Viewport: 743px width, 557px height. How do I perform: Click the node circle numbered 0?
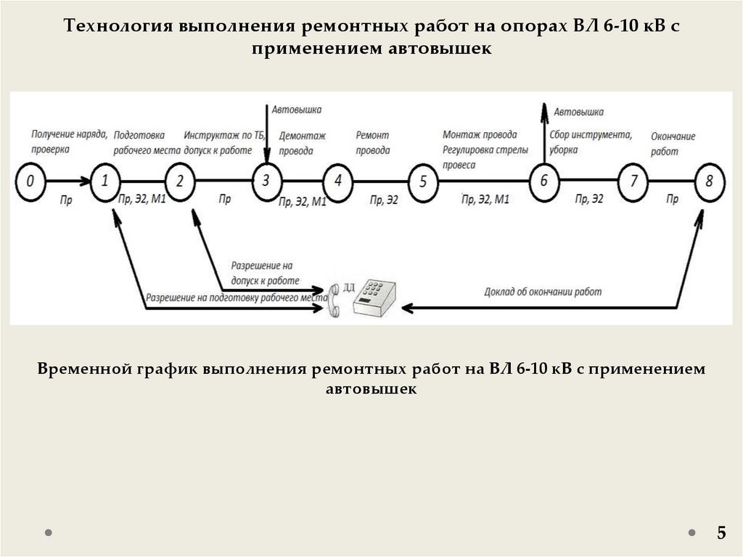[x=30, y=180]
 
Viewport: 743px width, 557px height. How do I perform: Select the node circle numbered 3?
[x=266, y=180]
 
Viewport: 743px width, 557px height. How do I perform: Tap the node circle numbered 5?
[x=424, y=181]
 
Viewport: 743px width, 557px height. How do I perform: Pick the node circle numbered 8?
[x=709, y=180]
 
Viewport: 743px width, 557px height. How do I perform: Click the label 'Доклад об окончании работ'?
[x=543, y=292]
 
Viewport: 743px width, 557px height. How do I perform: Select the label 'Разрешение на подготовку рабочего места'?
[x=233, y=297]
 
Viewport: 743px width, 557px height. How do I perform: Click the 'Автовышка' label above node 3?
[x=297, y=110]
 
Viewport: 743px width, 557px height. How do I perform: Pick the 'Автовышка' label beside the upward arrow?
[x=578, y=112]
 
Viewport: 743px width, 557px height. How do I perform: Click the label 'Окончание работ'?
[x=673, y=144]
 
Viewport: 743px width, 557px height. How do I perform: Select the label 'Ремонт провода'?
[x=373, y=143]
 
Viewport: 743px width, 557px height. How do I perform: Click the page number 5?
[x=721, y=533]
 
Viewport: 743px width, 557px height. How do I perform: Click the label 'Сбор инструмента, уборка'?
[x=590, y=143]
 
